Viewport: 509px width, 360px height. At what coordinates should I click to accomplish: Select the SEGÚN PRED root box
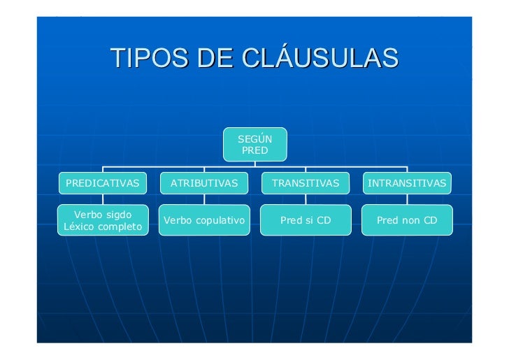(254, 145)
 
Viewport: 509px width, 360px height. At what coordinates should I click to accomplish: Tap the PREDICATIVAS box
(102, 183)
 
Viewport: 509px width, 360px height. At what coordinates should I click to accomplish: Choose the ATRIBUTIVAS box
(204, 183)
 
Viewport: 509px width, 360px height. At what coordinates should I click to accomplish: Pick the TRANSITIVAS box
(306, 183)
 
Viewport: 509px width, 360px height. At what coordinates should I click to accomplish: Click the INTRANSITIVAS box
(407, 183)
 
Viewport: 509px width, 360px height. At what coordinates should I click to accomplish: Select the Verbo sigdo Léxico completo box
(103, 220)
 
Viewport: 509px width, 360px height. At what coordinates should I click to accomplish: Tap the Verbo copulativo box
(204, 220)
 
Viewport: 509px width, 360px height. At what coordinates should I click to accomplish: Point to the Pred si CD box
(306, 220)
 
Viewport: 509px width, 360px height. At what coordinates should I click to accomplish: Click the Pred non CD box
(407, 220)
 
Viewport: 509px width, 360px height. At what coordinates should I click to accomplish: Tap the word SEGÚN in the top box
(254, 139)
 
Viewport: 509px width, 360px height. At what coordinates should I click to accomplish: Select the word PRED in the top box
(254, 150)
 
